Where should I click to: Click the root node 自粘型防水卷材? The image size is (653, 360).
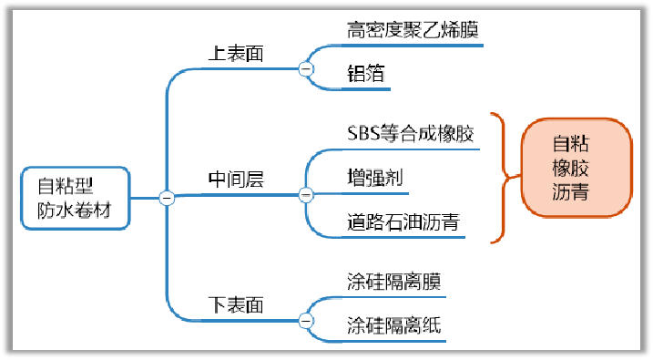pyautogui.click(x=77, y=198)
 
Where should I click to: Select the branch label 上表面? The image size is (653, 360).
pyautogui.click(x=236, y=54)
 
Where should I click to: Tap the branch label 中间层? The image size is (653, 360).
pyautogui.click(x=236, y=180)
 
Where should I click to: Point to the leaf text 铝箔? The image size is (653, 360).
pyautogui.click(x=365, y=75)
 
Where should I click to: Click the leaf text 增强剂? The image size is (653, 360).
pyautogui.click(x=374, y=179)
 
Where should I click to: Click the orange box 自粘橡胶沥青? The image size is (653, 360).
pyautogui.click(x=576, y=169)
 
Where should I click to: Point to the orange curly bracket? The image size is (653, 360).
pyautogui.click(x=499, y=178)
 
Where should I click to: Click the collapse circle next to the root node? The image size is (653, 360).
pyautogui.click(x=167, y=198)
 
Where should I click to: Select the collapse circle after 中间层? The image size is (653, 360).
pyautogui.click(x=306, y=194)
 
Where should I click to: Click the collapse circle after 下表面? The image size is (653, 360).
pyautogui.click(x=306, y=321)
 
